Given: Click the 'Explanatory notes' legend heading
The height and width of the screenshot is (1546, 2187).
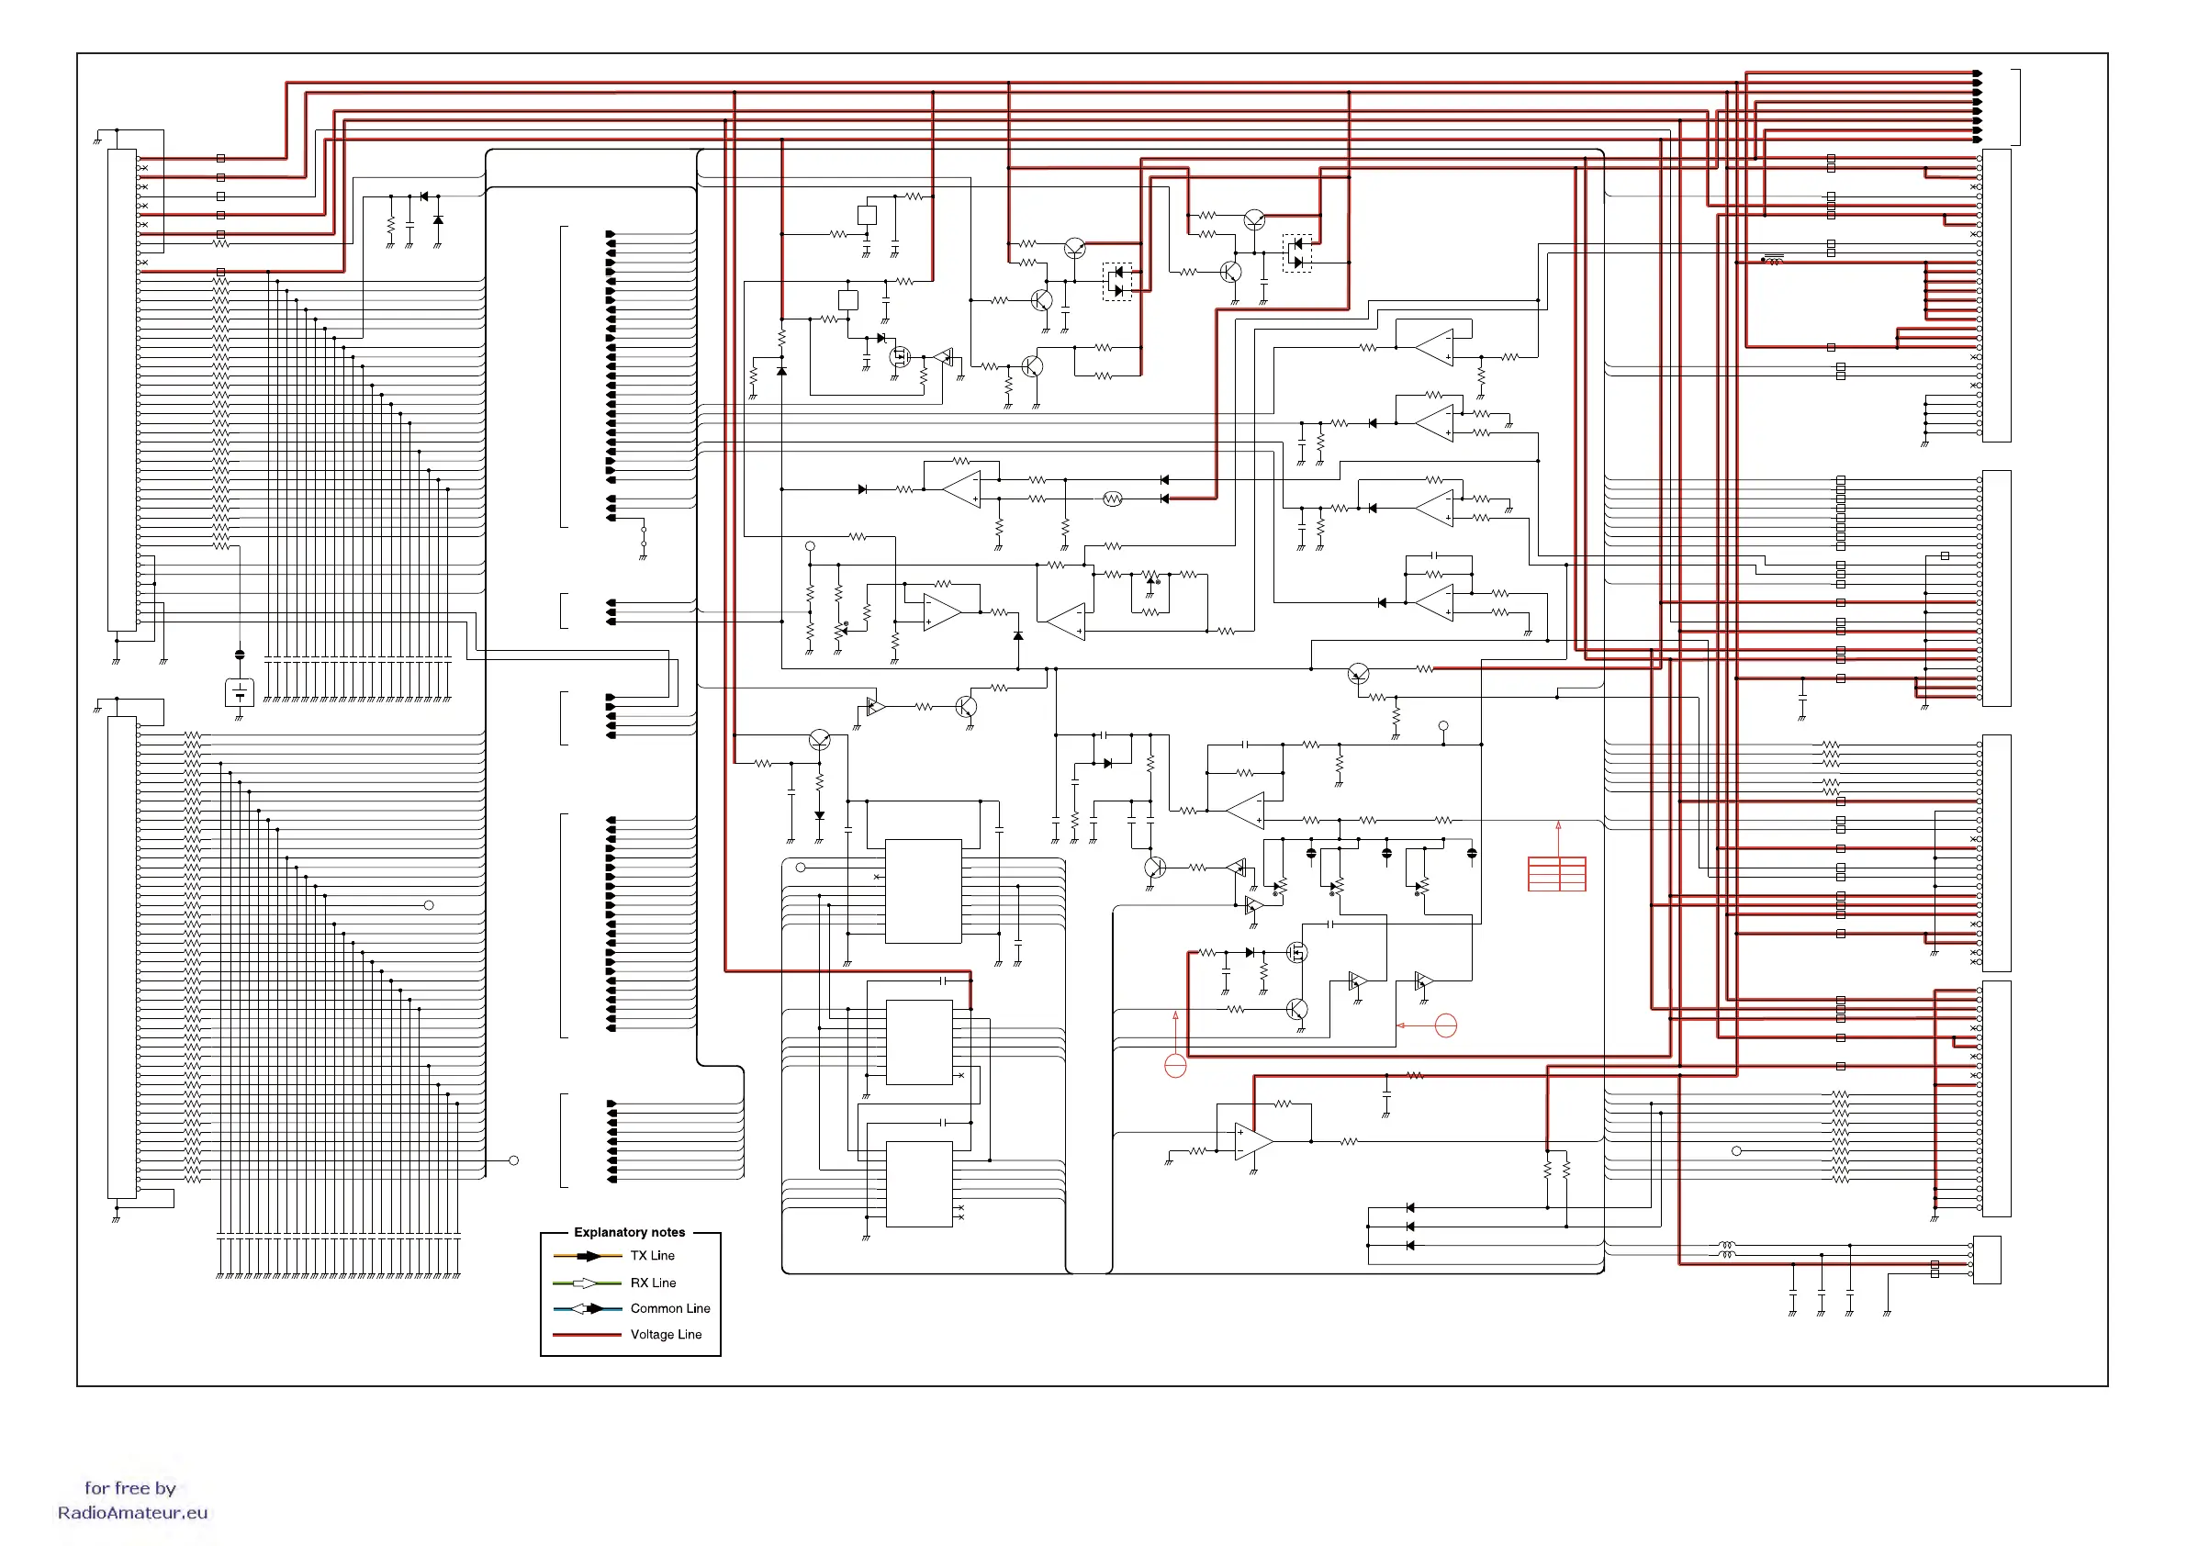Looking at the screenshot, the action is [x=629, y=1232].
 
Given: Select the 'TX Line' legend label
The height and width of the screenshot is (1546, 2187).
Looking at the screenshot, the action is [x=652, y=1256].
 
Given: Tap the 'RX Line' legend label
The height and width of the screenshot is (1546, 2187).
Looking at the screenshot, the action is [x=653, y=1283].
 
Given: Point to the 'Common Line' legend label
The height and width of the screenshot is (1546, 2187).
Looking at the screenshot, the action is [x=669, y=1308].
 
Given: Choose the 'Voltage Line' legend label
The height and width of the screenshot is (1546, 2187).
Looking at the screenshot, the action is [x=665, y=1334].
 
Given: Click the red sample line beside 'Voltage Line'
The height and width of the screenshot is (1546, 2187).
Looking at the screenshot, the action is [x=587, y=1335].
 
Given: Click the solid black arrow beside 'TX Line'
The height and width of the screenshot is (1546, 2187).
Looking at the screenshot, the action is [x=588, y=1257].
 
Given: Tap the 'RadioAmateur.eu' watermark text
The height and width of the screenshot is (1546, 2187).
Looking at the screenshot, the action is [x=132, y=1512].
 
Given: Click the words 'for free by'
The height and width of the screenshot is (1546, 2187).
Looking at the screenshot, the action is [x=129, y=1487].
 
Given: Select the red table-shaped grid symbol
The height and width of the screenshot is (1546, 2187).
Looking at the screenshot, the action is [x=1556, y=873].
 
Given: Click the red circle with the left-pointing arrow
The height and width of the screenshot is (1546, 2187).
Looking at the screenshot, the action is [x=1445, y=1025].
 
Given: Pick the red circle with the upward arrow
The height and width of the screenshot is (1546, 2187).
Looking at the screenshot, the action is [x=1175, y=1065].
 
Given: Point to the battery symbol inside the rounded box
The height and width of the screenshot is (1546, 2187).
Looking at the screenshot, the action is [x=239, y=691].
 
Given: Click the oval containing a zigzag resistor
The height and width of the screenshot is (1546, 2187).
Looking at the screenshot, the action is [x=1112, y=499].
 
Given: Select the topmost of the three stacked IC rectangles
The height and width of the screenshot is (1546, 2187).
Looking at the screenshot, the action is [x=922, y=891].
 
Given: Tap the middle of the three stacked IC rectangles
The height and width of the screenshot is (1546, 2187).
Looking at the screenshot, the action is [x=918, y=1041].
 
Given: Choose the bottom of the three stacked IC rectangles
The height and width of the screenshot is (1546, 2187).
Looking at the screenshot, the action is [x=918, y=1183].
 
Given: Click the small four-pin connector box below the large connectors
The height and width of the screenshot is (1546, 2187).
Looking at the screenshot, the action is [x=1986, y=1259].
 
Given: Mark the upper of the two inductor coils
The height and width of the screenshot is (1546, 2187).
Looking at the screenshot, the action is [x=1726, y=1244].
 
